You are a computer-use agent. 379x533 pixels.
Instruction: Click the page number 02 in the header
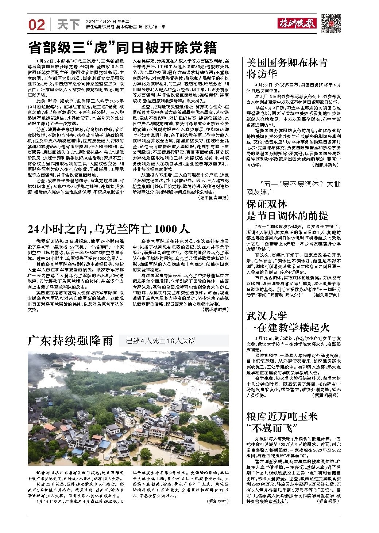[37, 24]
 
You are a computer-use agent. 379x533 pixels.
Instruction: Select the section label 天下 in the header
[68, 24]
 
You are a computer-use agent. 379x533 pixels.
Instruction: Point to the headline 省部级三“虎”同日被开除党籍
[123, 47]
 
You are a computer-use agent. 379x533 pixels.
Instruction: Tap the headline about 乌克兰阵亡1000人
[109, 229]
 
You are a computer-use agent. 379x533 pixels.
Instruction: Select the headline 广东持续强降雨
[71, 341]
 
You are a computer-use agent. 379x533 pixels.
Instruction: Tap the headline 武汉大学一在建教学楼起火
[288, 321]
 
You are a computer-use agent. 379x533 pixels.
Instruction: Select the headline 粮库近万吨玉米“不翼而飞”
[282, 421]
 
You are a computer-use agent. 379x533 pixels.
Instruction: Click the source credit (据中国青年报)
[213, 197]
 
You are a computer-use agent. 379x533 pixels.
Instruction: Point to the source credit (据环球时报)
[215, 309]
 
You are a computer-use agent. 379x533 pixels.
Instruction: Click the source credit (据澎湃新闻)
[326, 165]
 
